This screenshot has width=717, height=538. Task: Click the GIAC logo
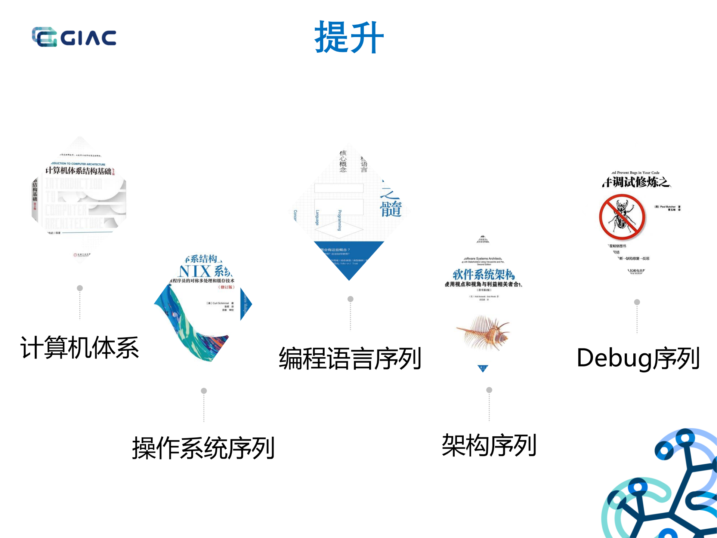click(x=74, y=37)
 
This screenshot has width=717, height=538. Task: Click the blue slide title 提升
click(x=349, y=37)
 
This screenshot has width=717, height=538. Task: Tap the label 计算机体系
click(x=80, y=348)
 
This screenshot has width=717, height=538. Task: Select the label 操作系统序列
click(x=204, y=448)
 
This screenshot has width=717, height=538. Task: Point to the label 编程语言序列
click(x=350, y=358)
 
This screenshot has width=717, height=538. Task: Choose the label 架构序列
click(x=489, y=445)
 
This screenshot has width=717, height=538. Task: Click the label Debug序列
click(x=638, y=358)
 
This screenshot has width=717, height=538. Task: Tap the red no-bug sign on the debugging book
click(x=622, y=217)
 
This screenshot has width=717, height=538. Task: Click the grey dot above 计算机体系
click(x=80, y=288)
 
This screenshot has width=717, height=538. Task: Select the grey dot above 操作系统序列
click(x=204, y=391)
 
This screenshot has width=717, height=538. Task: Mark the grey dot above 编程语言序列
click(x=350, y=299)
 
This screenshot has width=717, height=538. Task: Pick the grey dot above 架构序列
click(x=489, y=390)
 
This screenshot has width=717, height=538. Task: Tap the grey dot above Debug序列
click(x=637, y=302)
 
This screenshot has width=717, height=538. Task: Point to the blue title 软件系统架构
click(x=483, y=274)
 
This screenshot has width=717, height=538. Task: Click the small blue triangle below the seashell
click(x=483, y=369)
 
